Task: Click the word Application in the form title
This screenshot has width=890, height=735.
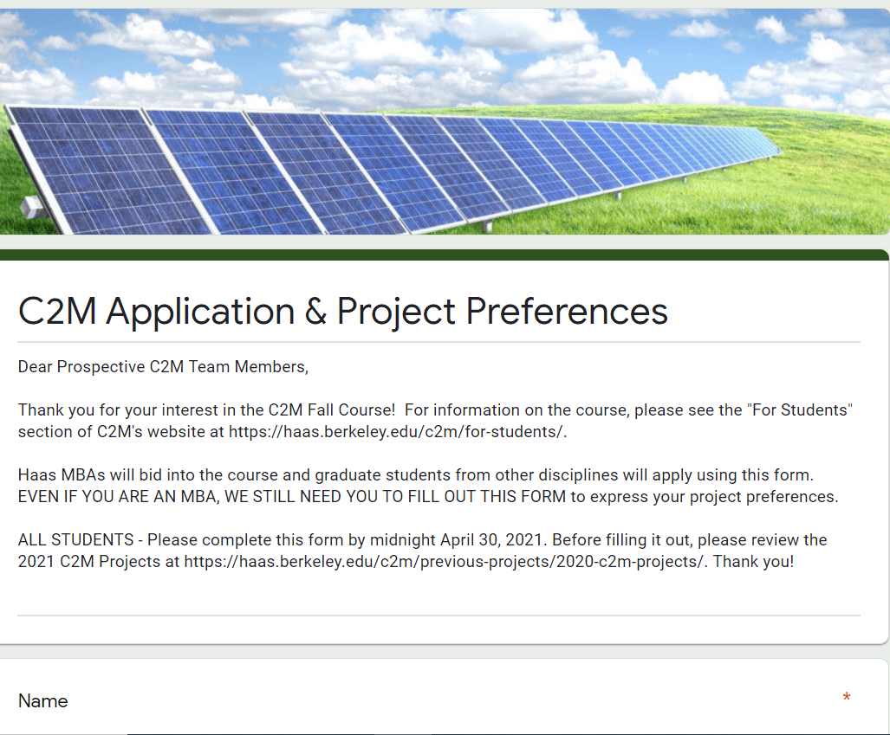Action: coord(200,312)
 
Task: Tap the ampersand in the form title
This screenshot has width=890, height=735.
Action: coord(315,312)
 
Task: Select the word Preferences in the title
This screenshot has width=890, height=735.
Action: coord(567,312)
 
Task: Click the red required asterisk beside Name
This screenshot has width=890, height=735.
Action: coord(847,696)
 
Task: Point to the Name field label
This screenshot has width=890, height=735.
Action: coord(43,701)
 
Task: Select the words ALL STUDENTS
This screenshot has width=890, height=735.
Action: coord(76,539)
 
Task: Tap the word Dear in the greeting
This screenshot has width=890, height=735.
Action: coord(36,367)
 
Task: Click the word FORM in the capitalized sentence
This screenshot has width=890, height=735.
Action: coord(543,496)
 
